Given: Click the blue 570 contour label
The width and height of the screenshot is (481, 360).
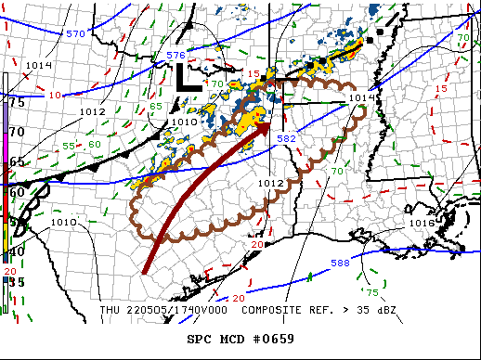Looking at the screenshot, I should tap(77, 33).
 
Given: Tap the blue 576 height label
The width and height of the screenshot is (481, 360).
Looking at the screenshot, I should tap(175, 56).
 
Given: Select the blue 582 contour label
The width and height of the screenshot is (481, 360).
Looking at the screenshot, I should tap(287, 138).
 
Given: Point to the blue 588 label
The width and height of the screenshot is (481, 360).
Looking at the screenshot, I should tap(340, 264).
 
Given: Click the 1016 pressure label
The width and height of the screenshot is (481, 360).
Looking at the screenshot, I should tap(422, 224).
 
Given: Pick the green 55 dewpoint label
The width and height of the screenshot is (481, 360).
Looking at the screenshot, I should tap(69, 147).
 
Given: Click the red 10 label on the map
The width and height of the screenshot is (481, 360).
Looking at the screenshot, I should tap(56, 95).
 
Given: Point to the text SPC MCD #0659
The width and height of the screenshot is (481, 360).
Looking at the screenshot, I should tap(240, 338).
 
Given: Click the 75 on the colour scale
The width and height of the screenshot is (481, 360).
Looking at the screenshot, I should tap(17, 102).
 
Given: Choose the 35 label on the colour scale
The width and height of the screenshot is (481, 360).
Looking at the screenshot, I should tap(17, 280).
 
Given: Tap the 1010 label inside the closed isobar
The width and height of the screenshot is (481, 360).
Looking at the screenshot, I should tap(184, 122).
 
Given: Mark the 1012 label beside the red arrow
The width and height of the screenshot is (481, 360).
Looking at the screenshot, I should tap(270, 184).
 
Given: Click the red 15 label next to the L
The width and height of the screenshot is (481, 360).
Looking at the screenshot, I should tap(253, 73).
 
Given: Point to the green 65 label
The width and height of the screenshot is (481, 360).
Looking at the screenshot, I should tap(157, 106).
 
